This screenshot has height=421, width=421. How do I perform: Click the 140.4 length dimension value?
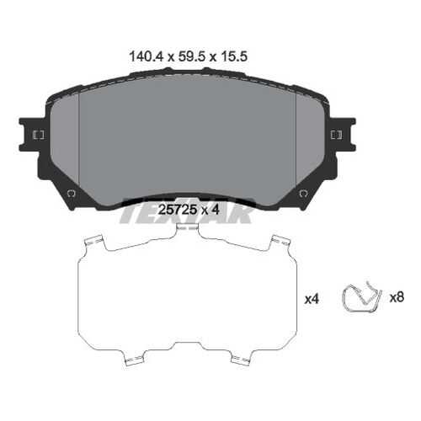[146, 57]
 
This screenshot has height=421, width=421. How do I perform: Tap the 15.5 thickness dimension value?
[234, 57]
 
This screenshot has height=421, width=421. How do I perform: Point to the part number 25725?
[178, 210]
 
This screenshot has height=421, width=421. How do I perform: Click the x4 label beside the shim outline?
[312, 299]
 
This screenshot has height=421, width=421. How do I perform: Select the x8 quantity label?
[397, 297]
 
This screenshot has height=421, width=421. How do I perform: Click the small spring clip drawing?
[362, 297]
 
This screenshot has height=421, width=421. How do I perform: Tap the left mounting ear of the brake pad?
[31, 135]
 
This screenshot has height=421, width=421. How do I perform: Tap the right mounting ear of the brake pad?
[343, 135]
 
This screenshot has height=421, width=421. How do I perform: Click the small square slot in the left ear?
[38, 135]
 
